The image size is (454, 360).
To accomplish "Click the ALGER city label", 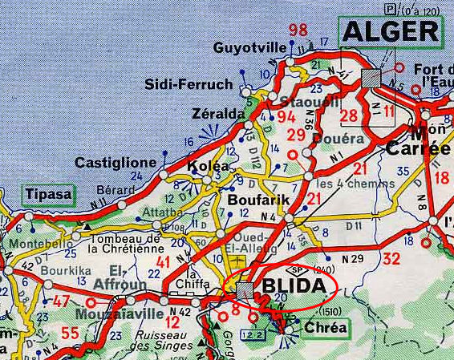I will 391,32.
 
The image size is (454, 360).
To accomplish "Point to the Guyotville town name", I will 248,48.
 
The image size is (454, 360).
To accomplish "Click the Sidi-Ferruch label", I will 188,83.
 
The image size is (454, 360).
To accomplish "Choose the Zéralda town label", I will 218,115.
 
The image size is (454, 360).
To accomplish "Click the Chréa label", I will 324,328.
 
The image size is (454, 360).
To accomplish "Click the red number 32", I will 391,259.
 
